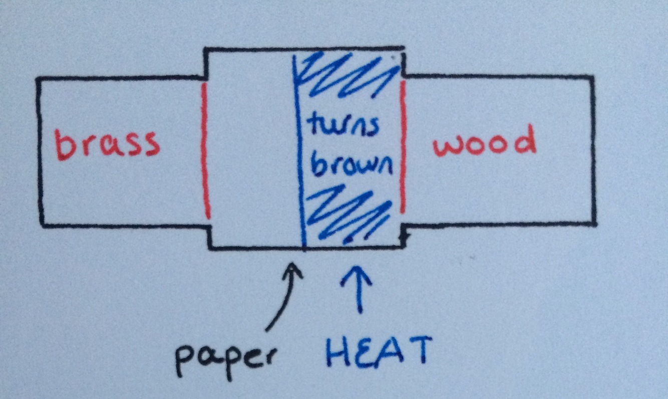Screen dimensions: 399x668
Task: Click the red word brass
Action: point(108,144)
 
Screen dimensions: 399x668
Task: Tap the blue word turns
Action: point(344,128)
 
